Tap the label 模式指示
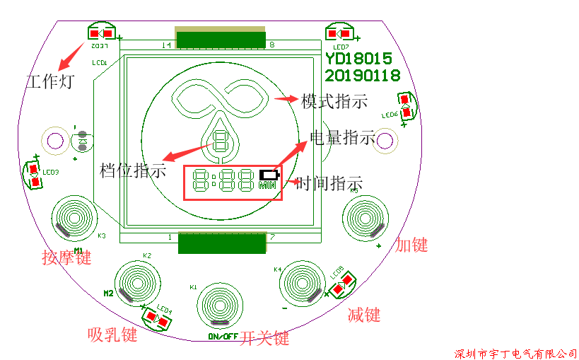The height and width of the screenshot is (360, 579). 334,101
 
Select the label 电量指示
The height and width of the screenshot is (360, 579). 343,138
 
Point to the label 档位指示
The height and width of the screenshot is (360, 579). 134,170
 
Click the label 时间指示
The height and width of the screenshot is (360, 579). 329,184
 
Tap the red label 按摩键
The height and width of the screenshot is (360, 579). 66,257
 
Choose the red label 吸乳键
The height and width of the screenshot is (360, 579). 112,334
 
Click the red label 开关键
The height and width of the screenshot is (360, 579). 264,338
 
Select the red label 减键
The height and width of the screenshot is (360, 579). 364,315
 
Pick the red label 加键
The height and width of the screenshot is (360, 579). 411,245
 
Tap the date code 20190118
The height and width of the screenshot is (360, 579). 363,75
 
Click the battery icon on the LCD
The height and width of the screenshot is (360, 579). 269,174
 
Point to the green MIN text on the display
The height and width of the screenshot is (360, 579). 268,186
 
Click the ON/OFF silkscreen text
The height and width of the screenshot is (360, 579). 223,336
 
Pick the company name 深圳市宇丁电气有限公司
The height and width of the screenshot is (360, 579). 515,353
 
